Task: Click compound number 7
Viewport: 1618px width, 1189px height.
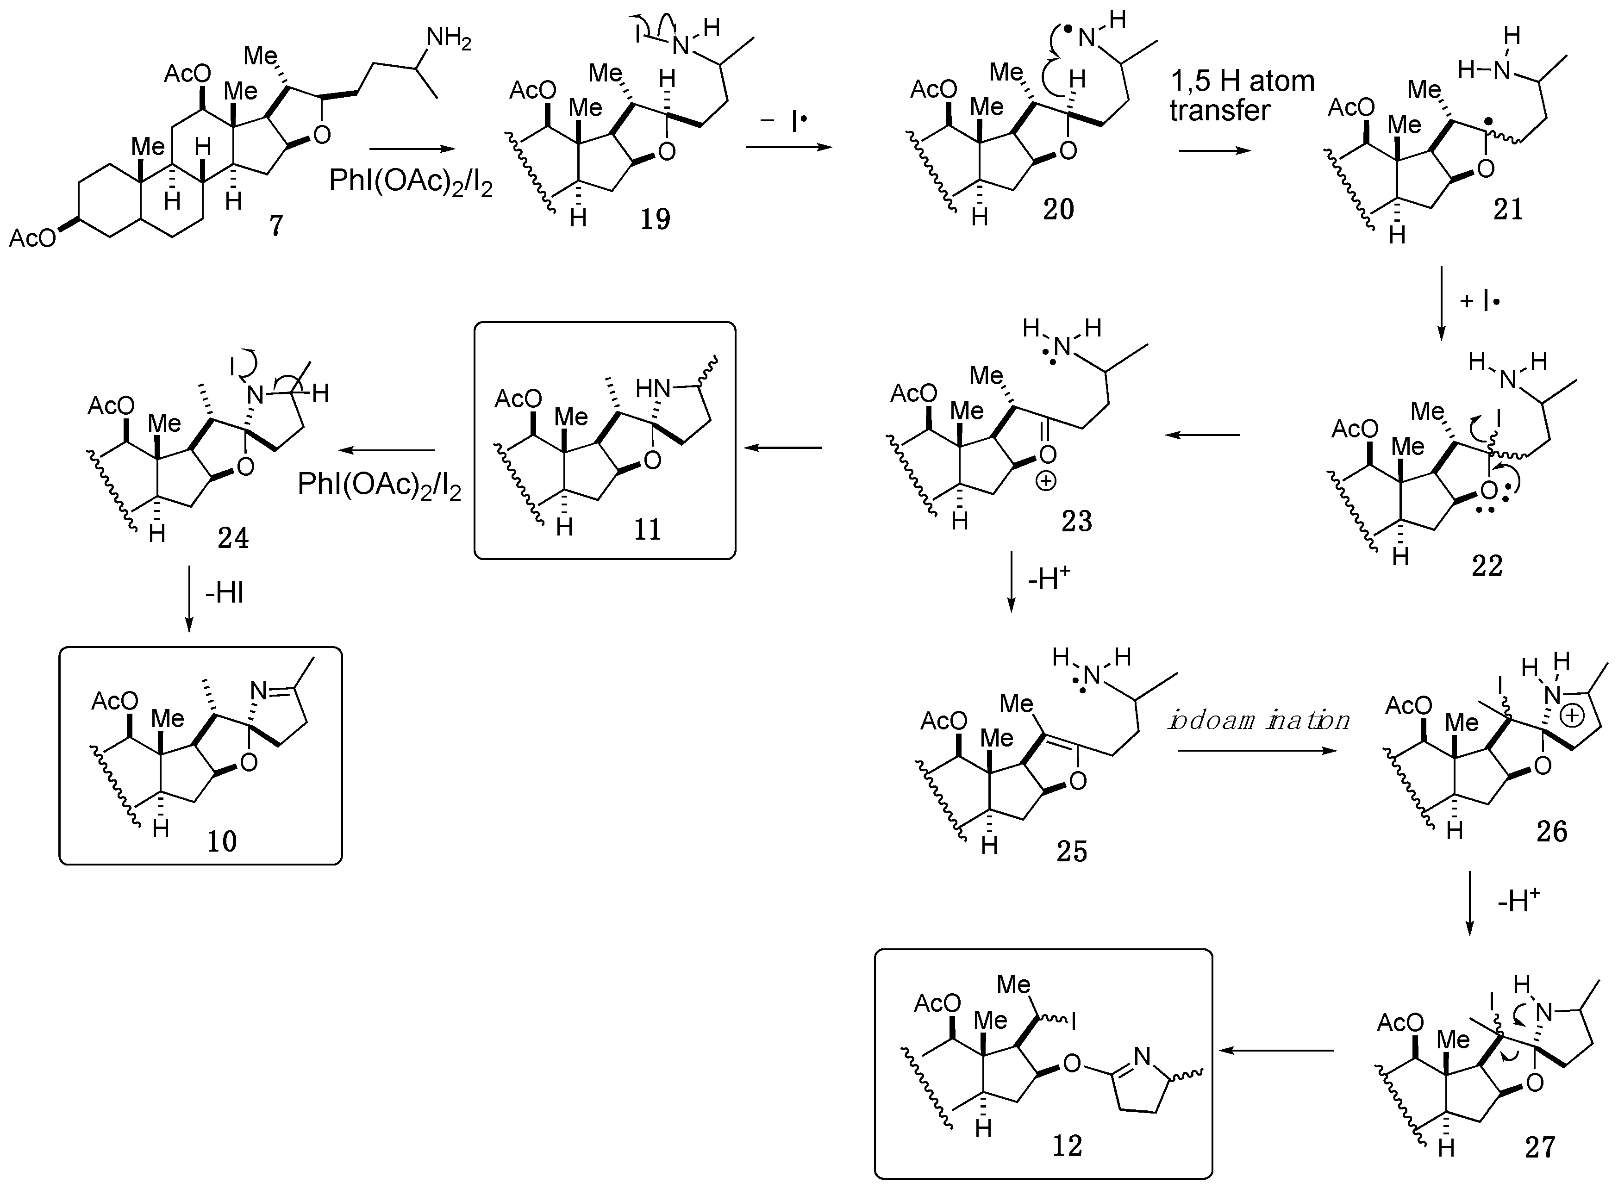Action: pyautogui.click(x=276, y=225)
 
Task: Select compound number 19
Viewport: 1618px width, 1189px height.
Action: pyautogui.click(x=655, y=218)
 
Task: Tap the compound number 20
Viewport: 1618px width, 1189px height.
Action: pyautogui.click(x=1058, y=209)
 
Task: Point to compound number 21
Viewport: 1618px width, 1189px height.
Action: pyautogui.click(x=1508, y=209)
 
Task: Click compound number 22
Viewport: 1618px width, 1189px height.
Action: pyautogui.click(x=1487, y=566)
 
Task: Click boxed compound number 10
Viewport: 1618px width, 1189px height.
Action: pyautogui.click(x=222, y=840)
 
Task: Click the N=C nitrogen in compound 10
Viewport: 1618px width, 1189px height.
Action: pyautogui.click(x=258, y=691)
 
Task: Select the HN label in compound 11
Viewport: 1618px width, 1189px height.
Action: pyautogui.click(x=652, y=389)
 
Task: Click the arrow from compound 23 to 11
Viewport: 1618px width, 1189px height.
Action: pyautogui.click(x=783, y=448)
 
